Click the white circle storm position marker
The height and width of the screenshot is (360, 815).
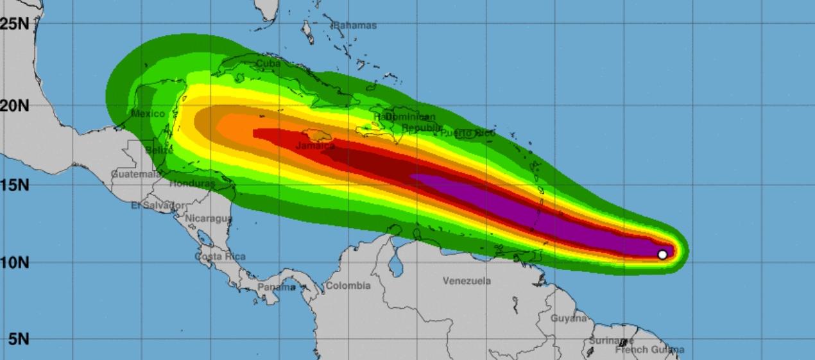tap(662, 254)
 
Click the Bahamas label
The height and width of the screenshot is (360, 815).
tap(354, 26)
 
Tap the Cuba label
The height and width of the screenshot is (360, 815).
tap(268, 64)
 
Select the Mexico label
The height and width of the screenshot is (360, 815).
tap(148, 114)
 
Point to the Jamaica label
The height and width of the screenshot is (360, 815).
tap(315, 146)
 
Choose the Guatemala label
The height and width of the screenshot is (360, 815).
tap(136, 174)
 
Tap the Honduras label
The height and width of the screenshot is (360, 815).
tap(193, 184)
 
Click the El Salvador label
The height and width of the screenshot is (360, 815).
tap(159, 205)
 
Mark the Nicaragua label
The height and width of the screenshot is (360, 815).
tap(209, 218)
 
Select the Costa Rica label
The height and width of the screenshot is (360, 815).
tap(220, 257)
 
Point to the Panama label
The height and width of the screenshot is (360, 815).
tap(277, 287)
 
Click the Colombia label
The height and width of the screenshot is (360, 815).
tap(348, 286)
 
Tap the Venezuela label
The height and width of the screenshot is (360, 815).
tap(467, 281)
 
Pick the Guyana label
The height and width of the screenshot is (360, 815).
tap(569, 318)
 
